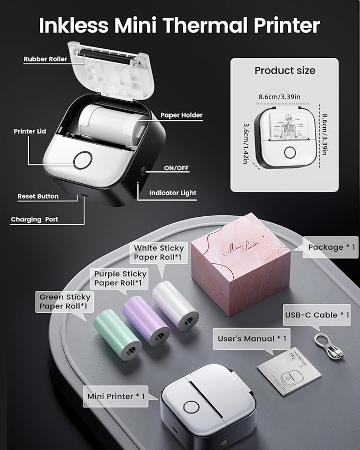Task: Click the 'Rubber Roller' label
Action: click(45, 59)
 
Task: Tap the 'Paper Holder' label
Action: click(181, 115)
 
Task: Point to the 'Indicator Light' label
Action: click(172, 193)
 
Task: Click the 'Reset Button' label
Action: click(38, 196)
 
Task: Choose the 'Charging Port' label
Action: click(34, 219)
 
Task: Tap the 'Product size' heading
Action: click(284, 70)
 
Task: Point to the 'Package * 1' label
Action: click(325, 247)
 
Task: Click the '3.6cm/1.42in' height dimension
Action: click(246, 143)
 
